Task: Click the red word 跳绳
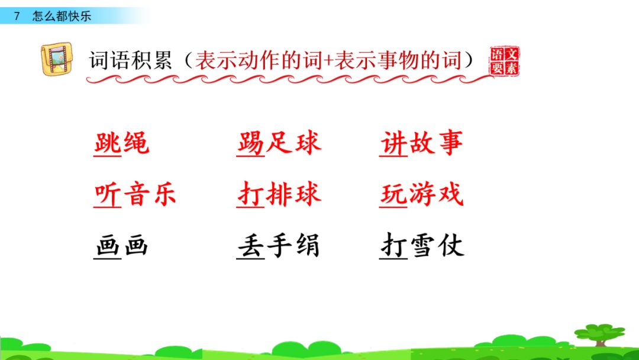(121, 143)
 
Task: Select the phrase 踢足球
(279, 143)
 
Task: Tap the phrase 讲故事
(422, 143)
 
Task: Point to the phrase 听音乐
(135, 194)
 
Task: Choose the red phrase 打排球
(279, 194)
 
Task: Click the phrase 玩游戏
(422, 194)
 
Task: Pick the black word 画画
(121, 246)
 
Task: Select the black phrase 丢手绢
(279, 246)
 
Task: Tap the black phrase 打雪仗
(422, 246)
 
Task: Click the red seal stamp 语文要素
(504, 61)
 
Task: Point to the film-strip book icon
(57, 59)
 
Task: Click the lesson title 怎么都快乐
(62, 16)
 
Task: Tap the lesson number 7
(17, 16)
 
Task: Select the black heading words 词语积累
(130, 61)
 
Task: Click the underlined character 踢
(251, 143)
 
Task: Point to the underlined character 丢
(251, 246)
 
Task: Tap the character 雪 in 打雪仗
(422, 246)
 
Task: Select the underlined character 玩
(393, 194)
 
